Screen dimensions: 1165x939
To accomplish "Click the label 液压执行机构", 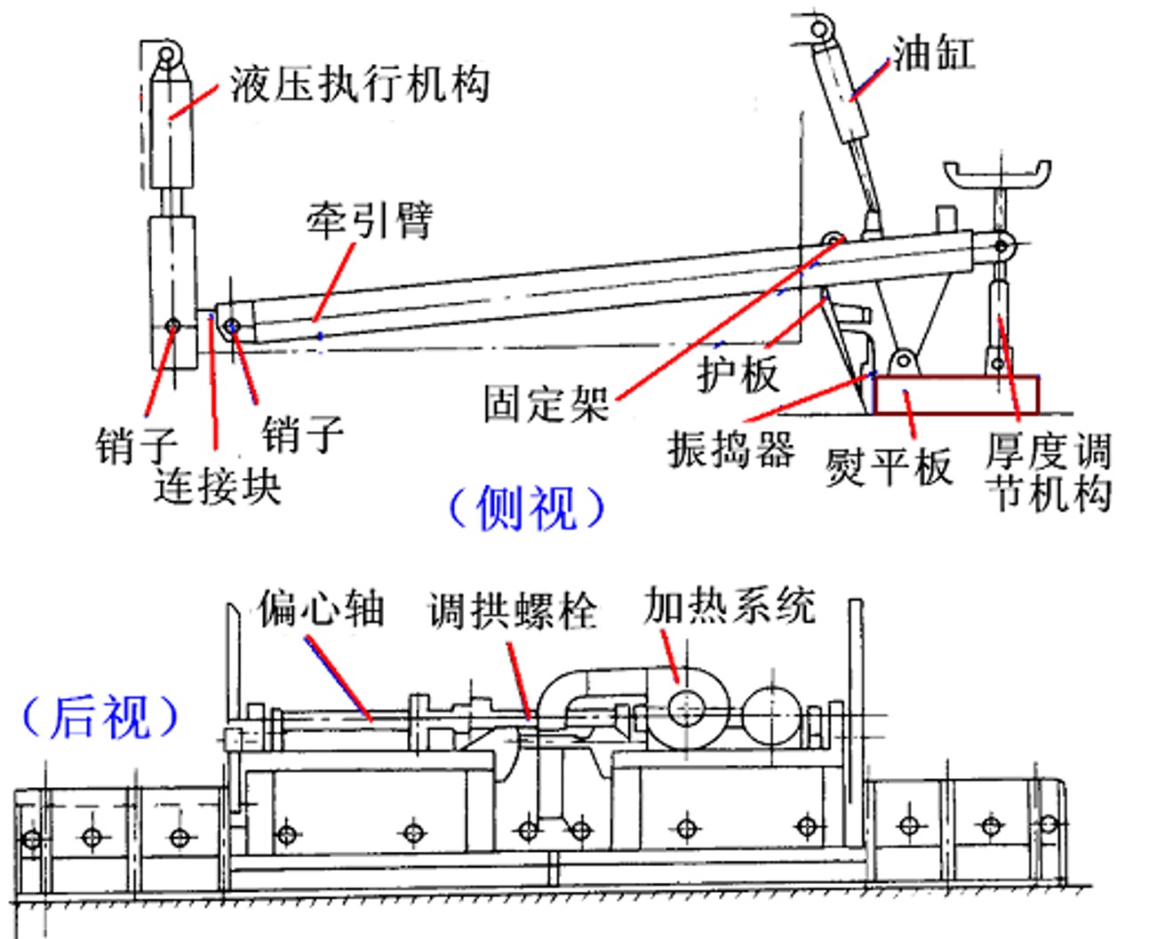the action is tap(360, 84).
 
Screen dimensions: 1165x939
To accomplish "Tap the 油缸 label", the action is tap(933, 53).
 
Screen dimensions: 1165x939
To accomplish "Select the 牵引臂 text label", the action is tap(371, 220).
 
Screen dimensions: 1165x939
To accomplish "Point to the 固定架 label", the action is tap(547, 403).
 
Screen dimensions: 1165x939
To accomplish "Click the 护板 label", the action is tap(738, 373).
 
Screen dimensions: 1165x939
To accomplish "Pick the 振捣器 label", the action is tap(730, 450).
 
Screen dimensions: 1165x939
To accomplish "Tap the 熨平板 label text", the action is tap(889, 466).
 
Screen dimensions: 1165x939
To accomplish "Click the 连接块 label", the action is tap(218, 487).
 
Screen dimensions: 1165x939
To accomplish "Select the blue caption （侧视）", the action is tap(526, 507).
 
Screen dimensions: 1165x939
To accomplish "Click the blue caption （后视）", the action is tap(100, 717).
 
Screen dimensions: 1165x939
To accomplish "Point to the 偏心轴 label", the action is tap(321, 609).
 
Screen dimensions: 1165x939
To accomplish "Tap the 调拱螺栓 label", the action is tap(514, 610).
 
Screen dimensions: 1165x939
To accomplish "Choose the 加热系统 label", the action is tap(730, 605).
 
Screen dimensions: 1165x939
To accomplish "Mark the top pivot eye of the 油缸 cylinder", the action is tap(820, 28).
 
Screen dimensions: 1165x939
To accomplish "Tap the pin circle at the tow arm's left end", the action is tap(233, 326).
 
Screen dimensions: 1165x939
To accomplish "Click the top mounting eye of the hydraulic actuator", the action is tap(167, 55).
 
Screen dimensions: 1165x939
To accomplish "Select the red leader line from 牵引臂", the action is tap(334, 281).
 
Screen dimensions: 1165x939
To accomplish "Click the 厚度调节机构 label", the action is tap(1048, 472).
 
